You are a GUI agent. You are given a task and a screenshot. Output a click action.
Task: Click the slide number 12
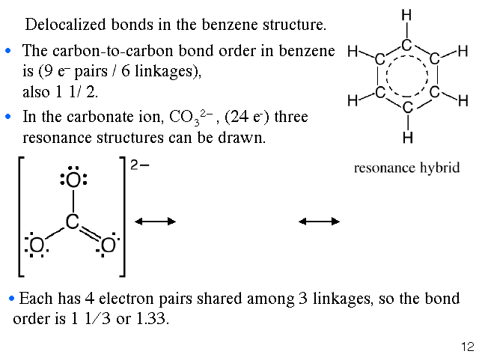coord(468,347)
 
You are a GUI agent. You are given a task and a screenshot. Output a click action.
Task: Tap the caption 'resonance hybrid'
coord(406,167)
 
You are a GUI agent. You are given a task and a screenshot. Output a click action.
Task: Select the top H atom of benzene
coord(406,16)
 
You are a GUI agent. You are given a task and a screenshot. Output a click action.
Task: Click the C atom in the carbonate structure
coord(72,222)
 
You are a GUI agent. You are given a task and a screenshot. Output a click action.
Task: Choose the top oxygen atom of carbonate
coord(73,180)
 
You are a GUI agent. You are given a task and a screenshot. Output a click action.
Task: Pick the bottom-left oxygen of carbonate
coord(35,246)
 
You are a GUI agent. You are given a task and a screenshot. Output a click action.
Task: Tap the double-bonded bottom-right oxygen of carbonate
coord(109,246)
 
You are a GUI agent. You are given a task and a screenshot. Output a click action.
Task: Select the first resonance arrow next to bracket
coord(155,222)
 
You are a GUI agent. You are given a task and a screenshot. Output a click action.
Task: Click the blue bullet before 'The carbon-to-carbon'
coord(9,52)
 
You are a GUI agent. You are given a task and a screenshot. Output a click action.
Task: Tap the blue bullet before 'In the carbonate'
coord(9,118)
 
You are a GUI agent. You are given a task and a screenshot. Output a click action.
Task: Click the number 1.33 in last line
coord(153,319)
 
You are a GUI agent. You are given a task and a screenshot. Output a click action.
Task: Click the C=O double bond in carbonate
coord(91,234)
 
